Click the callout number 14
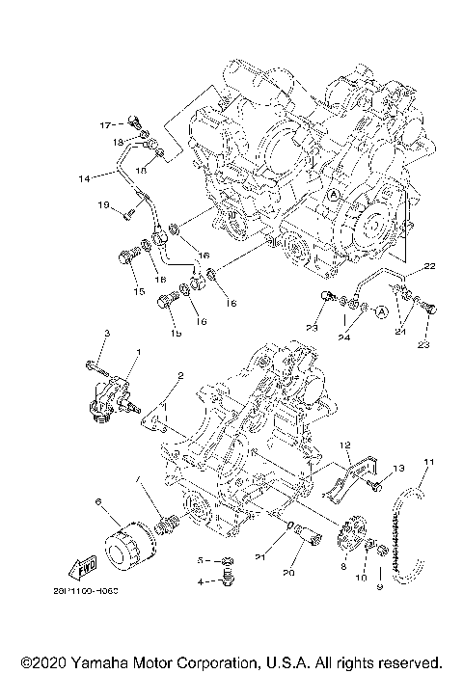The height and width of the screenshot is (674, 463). click(x=84, y=177)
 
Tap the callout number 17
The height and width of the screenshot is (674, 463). click(x=107, y=124)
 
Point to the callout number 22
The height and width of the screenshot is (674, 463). click(x=427, y=265)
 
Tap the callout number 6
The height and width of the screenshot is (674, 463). click(x=97, y=502)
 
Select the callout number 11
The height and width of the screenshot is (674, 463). click(x=428, y=463)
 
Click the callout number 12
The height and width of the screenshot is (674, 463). click(x=342, y=445)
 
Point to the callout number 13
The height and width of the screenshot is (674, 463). click(x=396, y=468)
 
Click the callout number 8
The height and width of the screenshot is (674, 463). click(x=342, y=570)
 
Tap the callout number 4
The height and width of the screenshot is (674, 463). click(x=202, y=581)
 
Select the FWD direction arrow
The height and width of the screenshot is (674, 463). click(x=86, y=564)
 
